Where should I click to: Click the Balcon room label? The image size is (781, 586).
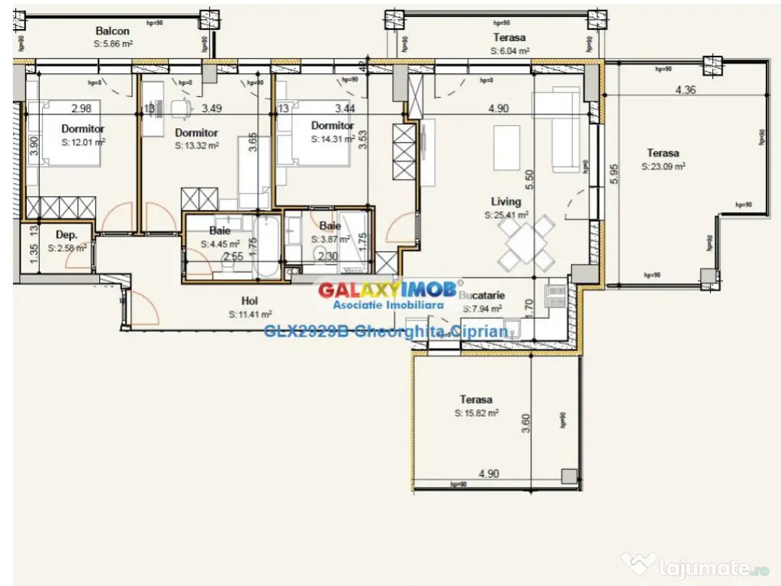(x=112, y=31)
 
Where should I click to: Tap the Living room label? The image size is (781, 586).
(x=506, y=202)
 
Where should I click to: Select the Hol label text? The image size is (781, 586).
(x=249, y=301)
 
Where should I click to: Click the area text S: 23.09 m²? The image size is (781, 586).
(x=663, y=166)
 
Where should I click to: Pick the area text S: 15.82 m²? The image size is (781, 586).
(x=476, y=413)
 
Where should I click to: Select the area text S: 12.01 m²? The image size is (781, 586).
(x=82, y=142)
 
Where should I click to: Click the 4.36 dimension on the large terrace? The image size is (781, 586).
(x=685, y=90)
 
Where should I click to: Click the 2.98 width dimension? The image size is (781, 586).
(x=81, y=108)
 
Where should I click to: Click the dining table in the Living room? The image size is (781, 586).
(x=525, y=245)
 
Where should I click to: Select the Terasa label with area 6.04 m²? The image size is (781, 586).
(x=509, y=37)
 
